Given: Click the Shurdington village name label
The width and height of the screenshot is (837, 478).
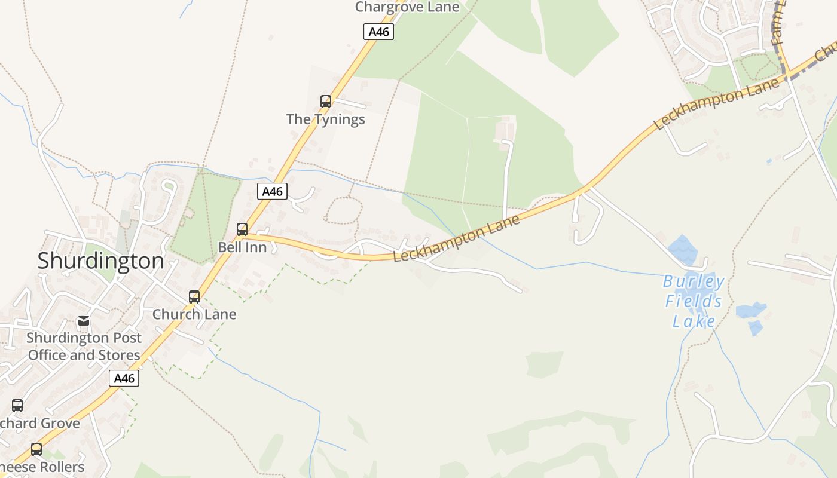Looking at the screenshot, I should click(x=100, y=261).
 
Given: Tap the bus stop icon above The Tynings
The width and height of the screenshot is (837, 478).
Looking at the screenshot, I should click(x=326, y=102).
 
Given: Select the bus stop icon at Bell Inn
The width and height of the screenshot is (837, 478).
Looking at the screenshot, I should click(x=242, y=229).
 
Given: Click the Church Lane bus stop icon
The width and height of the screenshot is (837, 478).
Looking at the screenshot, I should click(x=194, y=297).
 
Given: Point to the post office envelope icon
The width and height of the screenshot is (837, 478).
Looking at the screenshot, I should click(x=84, y=321).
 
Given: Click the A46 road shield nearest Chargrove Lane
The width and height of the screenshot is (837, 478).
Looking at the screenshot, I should click(x=378, y=32).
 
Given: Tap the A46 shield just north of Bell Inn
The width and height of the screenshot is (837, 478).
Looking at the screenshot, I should click(x=272, y=191).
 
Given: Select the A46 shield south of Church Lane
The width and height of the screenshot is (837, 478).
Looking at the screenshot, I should click(x=124, y=378).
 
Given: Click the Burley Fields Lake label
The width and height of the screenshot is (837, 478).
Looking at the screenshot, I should click(x=694, y=301).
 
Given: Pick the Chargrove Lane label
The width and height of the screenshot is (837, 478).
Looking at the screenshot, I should click(x=407, y=7).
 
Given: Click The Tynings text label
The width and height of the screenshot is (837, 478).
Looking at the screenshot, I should click(x=325, y=119).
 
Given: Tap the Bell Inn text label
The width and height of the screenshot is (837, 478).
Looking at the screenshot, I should click(x=242, y=247).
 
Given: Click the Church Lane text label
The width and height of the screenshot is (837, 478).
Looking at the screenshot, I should click(x=194, y=314).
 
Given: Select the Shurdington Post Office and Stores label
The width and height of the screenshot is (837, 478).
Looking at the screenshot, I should click(x=84, y=347).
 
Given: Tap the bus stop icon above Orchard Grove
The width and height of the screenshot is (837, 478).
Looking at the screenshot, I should click(x=17, y=406).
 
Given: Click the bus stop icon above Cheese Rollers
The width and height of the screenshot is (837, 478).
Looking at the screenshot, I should click(x=36, y=449).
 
